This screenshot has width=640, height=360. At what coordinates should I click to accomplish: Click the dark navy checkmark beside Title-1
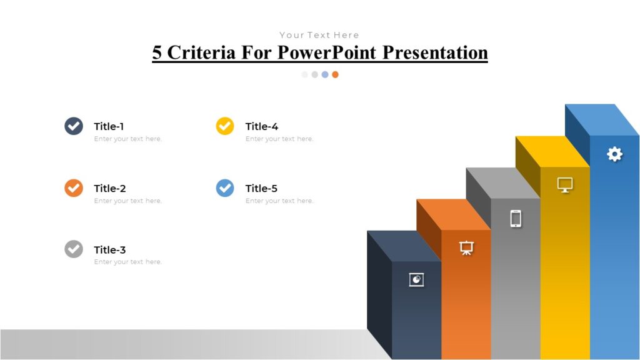click(x=74, y=126)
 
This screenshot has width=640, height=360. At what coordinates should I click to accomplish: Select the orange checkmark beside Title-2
click(x=74, y=187)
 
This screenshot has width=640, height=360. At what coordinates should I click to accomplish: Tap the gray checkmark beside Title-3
click(x=74, y=249)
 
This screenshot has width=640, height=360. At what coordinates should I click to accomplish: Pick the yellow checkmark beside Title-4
click(x=225, y=126)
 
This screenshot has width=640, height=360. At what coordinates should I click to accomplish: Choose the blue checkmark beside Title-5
click(x=225, y=187)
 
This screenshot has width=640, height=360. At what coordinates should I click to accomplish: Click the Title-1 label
click(x=109, y=126)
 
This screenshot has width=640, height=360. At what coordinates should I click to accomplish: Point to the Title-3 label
click(x=110, y=250)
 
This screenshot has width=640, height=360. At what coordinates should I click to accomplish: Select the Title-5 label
click(x=261, y=188)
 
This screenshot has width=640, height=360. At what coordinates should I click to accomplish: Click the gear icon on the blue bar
click(x=615, y=154)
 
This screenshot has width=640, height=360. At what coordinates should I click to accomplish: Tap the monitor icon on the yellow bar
click(x=565, y=185)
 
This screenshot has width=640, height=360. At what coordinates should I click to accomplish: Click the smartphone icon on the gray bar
click(x=516, y=218)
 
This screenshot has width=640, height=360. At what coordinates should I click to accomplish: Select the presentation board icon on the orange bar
click(x=466, y=247)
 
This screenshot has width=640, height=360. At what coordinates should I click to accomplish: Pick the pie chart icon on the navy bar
click(x=416, y=279)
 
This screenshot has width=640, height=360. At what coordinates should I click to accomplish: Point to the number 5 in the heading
click(x=157, y=52)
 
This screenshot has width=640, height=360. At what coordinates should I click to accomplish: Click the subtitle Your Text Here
click(x=319, y=35)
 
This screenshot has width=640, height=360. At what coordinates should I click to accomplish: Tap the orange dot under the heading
click(x=335, y=74)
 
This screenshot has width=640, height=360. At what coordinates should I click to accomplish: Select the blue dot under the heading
click(x=325, y=74)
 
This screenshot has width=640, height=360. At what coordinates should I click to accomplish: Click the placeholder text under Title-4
click(x=279, y=139)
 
